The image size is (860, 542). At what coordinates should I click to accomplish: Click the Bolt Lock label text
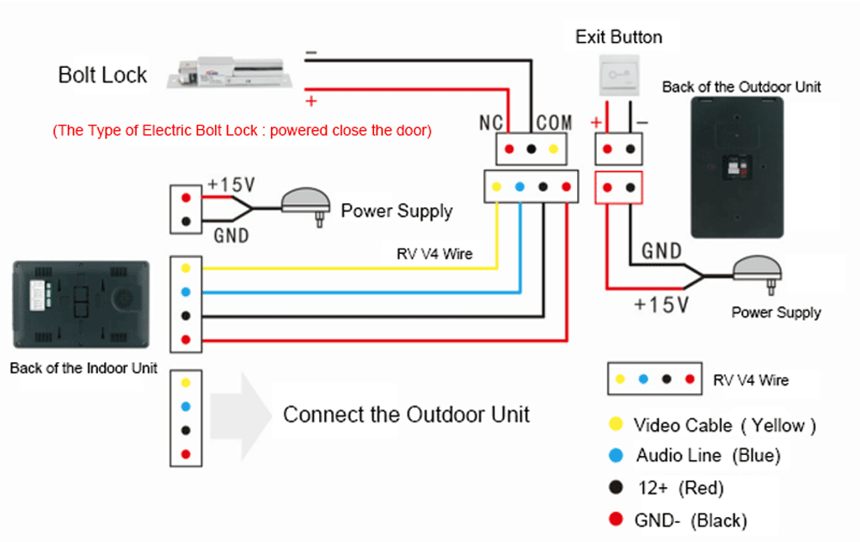pyautogui.click(x=102, y=75)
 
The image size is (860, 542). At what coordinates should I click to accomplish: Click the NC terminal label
pyautogui.click(x=491, y=123)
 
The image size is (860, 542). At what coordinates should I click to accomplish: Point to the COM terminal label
pyautogui.click(x=554, y=123)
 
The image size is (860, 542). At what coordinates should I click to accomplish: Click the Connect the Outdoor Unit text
pyautogui.click(x=406, y=414)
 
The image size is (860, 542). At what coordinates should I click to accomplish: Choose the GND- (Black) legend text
pyautogui.click(x=691, y=520)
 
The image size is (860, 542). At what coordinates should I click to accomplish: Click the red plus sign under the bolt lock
pyautogui.click(x=311, y=102)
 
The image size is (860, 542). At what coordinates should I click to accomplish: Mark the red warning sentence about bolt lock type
pyautogui.click(x=242, y=131)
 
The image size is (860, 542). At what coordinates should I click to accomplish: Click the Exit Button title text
pyautogui.click(x=618, y=37)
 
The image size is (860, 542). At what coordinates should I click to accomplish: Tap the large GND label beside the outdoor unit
pyautogui.click(x=662, y=251)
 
